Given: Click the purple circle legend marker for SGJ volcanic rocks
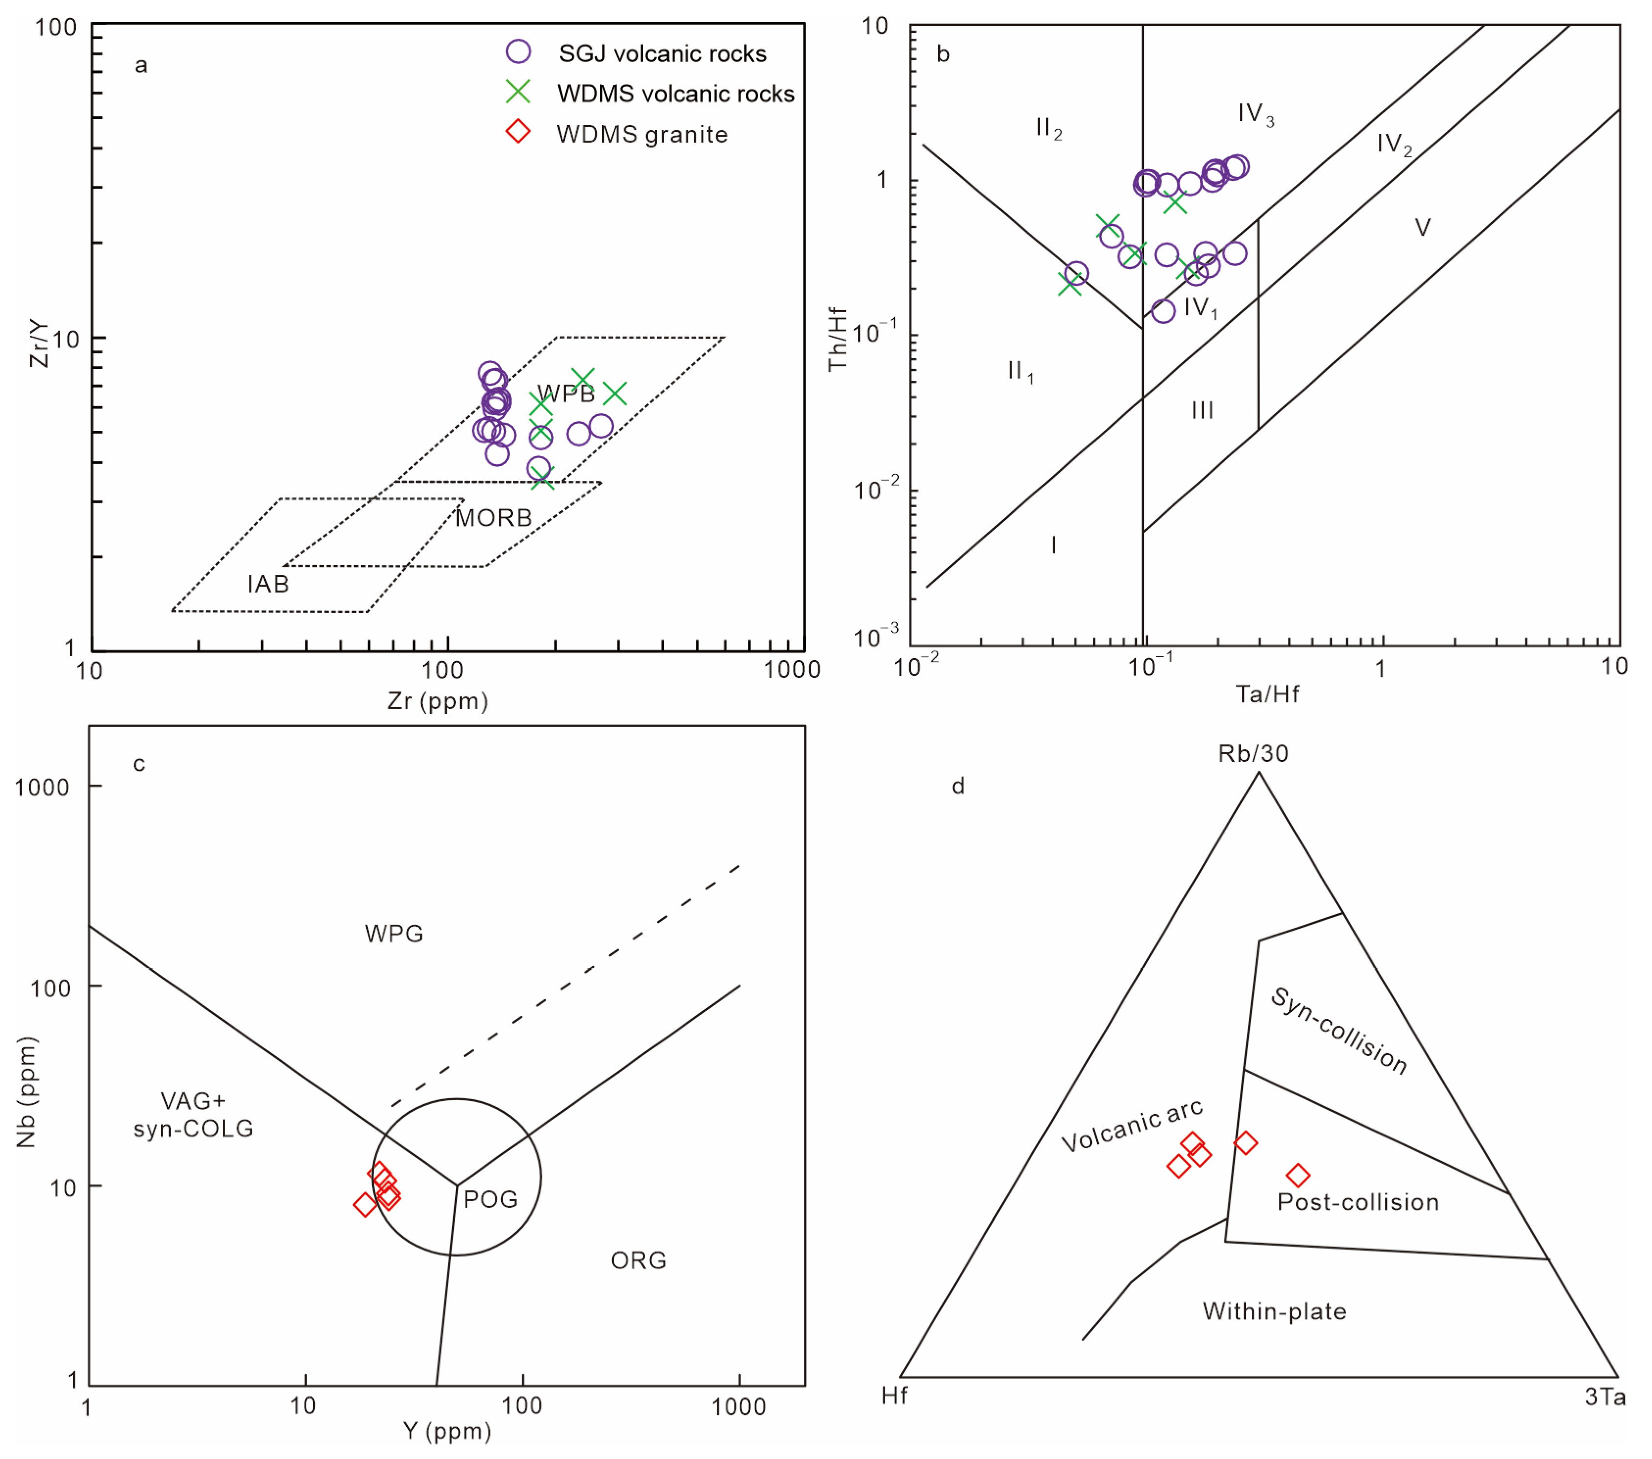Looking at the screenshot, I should pos(518,52).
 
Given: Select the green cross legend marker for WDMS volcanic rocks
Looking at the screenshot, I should pos(518,92).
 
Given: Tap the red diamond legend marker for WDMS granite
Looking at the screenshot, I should pos(518,132).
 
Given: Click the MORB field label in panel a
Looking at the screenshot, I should pos(493,518).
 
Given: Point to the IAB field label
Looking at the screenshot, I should pos(267,584).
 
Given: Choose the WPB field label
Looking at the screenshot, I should pos(566,394).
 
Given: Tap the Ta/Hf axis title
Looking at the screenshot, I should pos(1266,693).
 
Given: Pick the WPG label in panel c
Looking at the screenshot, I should pos(393,934).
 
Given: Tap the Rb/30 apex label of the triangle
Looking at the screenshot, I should pos(1253,753).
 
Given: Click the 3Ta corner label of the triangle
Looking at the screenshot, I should pos(1604,1397).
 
